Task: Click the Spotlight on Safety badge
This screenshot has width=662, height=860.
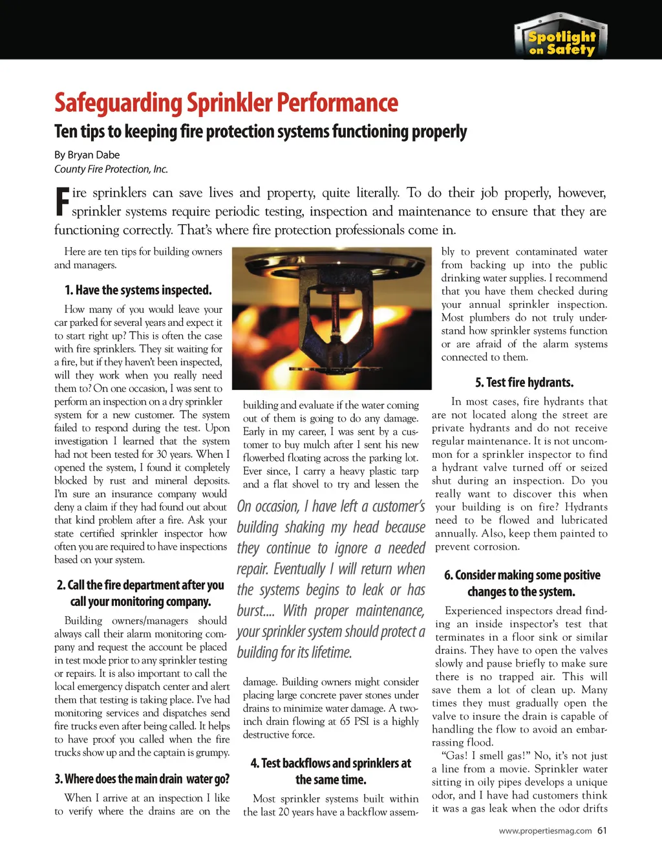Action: pyautogui.click(x=561, y=38)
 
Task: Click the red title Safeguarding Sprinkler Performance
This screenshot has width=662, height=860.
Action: pyautogui.click(x=226, y=103)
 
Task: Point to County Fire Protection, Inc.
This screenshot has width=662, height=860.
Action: pyautogui.click(x=111, y=169)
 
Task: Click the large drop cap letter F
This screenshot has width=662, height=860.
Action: pyautogui.click(x=62, y=201)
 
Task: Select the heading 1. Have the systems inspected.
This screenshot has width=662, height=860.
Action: pyautogui.click(x=138, y=290)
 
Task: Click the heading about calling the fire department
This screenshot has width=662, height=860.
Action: pyautogui.click(x=140, y=593)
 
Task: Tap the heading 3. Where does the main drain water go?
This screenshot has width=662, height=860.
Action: pyautogui.click(x=142, y=779)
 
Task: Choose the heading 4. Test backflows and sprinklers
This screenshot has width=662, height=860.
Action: pyautogui.click(x=330, y=771)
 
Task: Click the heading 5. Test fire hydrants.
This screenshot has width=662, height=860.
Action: pyautogui.click(x=524, y=382)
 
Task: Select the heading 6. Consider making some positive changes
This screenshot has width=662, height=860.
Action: pyautogui.click(x=522, y=583)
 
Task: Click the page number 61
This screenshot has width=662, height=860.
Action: pyautogui.click(x=602, y=831)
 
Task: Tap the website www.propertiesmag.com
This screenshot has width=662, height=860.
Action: pyautogui.click(x=545, y=831)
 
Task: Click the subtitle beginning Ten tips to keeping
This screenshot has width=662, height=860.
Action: pyautogui.click(x=260, y=132)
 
